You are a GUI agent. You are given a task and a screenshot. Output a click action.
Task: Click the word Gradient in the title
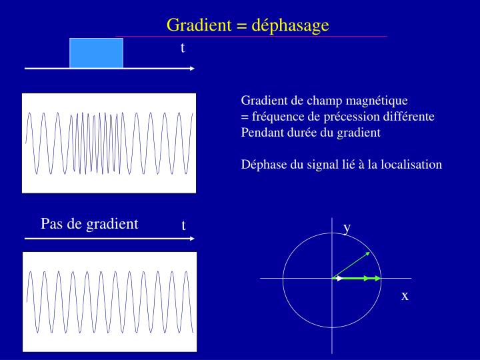pyautogui.click(x=197, y=25)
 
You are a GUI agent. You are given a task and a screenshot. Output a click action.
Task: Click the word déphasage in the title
pyautogui.click(x=293, y=26)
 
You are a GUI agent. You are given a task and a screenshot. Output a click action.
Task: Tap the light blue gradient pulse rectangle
pyautogui.click(x=97, y=53)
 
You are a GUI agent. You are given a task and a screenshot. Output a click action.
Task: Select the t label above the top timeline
pyautogui.click(x=183, y=48)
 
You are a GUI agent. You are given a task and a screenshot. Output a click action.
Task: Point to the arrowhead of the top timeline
pyautogui.click(x=192, y=69)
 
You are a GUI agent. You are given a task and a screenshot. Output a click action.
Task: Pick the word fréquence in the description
pyautogui.click(x=273, y=117)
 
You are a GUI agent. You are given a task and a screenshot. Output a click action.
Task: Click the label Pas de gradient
pyautogui.click(x=89, y=224)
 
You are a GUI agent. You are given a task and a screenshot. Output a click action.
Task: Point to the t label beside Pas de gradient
pyautogui.click(x=183, y=226)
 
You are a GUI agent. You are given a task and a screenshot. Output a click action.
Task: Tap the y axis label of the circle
pyautogui.click(x=347, y=228)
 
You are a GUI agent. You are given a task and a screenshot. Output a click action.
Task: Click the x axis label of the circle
pyautogui.click(x=405, y=295)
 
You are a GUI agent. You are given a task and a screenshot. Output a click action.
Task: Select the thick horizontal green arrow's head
pyautogui.click(x=377, y=278)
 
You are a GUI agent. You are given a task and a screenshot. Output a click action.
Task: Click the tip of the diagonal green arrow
pyautogui.click(x=369, y=253)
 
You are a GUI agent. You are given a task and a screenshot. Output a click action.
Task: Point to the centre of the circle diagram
pyautogui.click(x=333, y=278)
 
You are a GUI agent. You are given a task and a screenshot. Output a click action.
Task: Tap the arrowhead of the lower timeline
pyautogui.click(x=192, y=238)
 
